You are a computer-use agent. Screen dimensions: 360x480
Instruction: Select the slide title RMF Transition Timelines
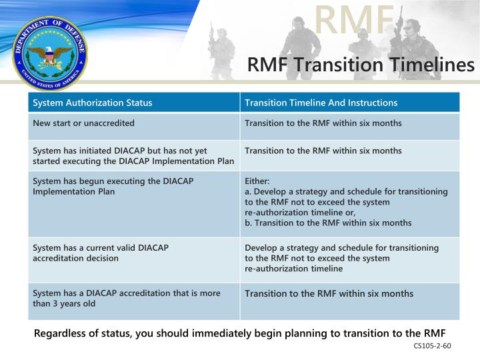pos(361,65)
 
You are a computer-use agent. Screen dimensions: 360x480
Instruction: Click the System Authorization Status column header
pos(93,103)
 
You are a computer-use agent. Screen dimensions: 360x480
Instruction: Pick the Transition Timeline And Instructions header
pos(321,103)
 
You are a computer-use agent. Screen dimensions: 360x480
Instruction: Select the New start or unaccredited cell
pos(84,123)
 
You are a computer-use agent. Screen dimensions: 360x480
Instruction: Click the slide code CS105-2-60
pos(432,346)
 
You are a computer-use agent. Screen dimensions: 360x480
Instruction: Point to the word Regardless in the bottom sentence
pos(61,333)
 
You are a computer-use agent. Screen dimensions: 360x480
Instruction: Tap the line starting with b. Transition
pos(328,223)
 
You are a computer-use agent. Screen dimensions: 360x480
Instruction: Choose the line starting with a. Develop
pos(346,191)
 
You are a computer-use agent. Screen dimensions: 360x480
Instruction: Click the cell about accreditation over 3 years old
pos(127,298)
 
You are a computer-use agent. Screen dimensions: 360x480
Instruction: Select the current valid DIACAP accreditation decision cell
pos(101,253)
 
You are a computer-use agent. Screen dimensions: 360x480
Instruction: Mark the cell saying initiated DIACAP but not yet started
pos(133,155)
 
